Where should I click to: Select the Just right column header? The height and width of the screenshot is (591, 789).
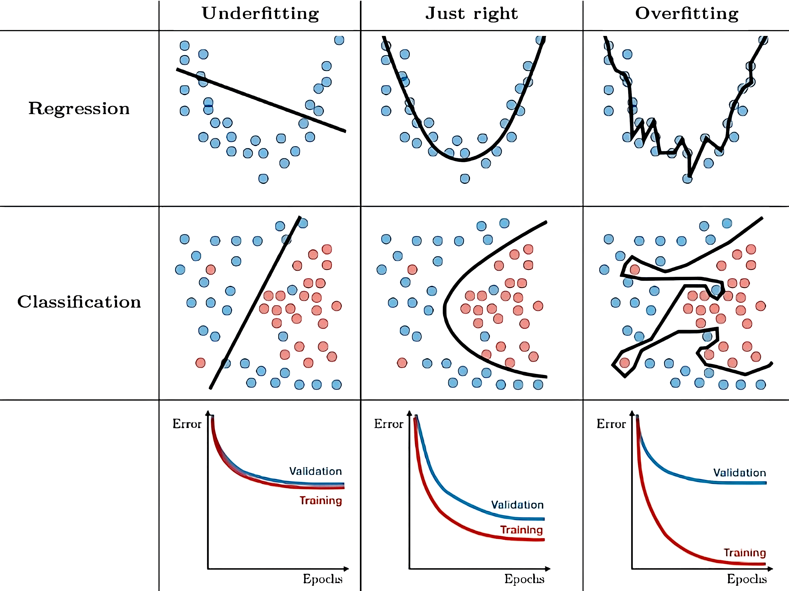471,14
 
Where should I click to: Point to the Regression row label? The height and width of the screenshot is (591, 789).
79,109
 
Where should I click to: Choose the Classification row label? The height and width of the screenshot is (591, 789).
79,302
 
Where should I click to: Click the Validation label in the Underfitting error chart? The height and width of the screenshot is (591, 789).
315,471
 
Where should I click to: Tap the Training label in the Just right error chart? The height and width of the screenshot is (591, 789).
521,530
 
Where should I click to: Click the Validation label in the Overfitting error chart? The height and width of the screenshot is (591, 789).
740,473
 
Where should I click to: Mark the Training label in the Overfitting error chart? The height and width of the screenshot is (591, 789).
745,553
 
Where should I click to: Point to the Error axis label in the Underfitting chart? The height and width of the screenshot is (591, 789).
187,424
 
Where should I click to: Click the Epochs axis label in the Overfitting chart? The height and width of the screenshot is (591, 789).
747,579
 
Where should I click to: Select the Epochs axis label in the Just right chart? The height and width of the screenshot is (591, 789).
524,579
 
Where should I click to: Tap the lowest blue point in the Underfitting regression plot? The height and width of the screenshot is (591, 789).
263,178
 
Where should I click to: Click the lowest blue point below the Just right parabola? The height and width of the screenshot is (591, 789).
465,178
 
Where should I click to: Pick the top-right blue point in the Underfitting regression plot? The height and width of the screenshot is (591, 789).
339,40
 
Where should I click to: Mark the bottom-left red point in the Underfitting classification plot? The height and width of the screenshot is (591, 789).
200,363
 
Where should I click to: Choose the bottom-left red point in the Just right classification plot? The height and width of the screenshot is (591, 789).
402,363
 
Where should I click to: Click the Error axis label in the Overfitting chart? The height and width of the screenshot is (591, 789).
611,424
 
